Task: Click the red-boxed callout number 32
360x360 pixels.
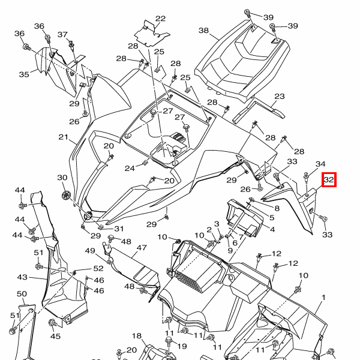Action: click(x=329, y=179)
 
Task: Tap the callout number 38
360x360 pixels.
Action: click(x=203, y=31)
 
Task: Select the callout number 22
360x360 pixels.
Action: click(x=160, y=19)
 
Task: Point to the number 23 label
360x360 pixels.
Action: click(x=280, y=97)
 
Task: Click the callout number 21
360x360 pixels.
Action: click(x=63, y=137)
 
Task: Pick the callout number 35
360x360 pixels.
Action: click(x=24, y=74)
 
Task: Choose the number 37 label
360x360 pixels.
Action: click(x=62, y=34)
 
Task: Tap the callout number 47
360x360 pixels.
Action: click(x=142, y=248)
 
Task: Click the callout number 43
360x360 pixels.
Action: click(x=22, y=277)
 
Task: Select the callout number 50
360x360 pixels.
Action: click(x=22, y=293)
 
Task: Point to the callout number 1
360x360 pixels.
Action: click(x=323, y=298)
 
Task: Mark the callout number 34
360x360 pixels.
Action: click(x=320, y=164)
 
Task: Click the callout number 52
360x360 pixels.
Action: click(x=98, y=268)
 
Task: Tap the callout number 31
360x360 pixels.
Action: click(x=119, y=229)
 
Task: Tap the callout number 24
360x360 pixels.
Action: click(x=130, y=168)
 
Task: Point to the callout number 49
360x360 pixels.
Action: click(x=90, y=251)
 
